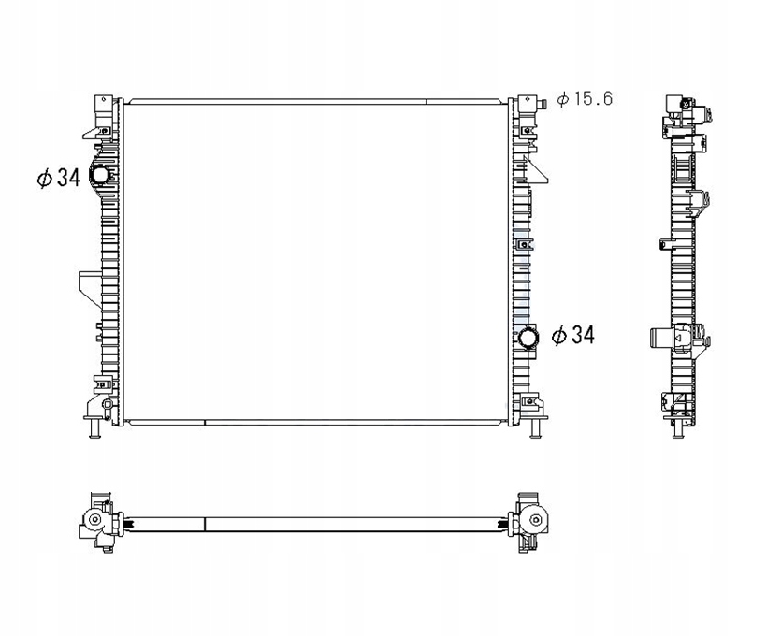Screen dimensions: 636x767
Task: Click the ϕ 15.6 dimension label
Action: [584, 98]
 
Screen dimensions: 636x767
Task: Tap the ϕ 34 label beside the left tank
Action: [58, 178]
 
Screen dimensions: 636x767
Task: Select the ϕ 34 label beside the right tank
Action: [572, 335]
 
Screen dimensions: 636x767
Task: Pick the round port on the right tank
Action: [529, 338]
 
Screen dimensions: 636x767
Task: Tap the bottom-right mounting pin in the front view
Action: [535, 429]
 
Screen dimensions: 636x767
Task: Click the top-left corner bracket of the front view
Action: [102, 113]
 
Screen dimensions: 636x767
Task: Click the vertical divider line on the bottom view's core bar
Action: [204, 524]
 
